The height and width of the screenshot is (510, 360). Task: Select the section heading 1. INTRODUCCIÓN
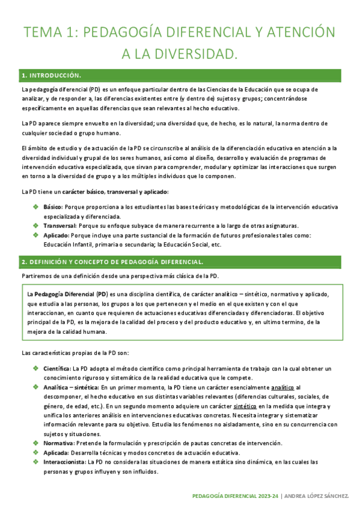[x=50, y=76]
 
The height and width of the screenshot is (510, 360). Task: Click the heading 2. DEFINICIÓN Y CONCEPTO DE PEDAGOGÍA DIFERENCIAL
[x=112, y=262]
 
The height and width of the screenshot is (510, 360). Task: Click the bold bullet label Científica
[x=57, y=367]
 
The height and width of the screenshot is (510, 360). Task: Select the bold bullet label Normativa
[x=59, y=443]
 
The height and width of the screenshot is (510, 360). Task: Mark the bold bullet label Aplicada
[x=57, y=453]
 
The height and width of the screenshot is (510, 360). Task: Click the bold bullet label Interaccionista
[x=64, y=462]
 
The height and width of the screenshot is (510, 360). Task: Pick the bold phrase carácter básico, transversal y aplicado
[x=123, y=192]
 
